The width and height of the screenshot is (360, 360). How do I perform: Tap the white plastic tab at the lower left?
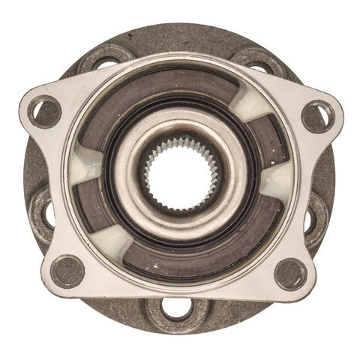(112, 247)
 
